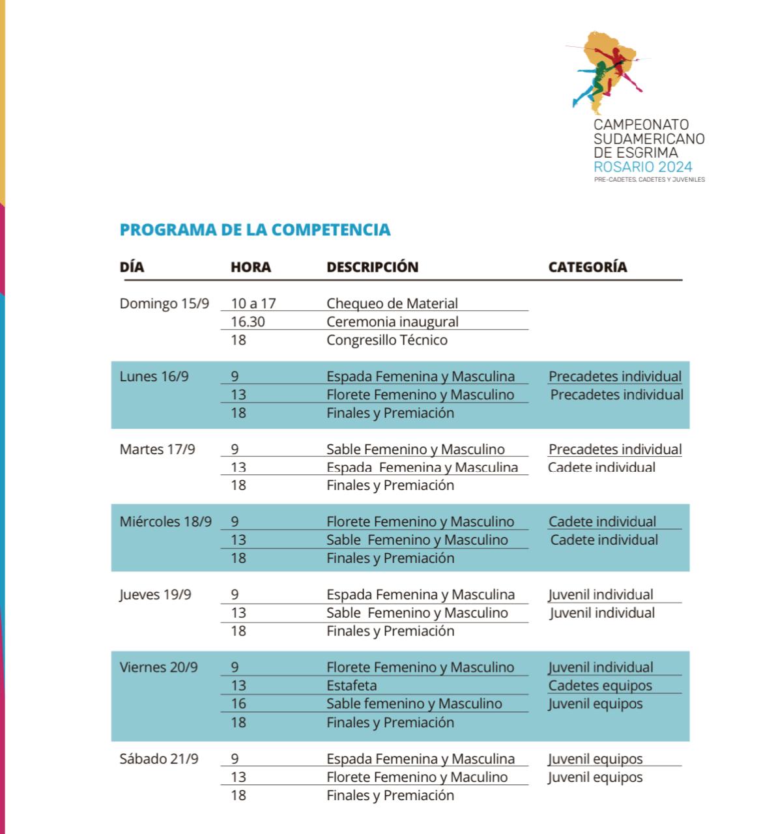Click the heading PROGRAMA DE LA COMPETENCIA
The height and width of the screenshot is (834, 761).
pos(255,230)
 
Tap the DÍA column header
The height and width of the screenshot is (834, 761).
pos(132,267)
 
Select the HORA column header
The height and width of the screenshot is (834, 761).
pos(250,267)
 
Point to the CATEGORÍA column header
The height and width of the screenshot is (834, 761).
pos(587,267)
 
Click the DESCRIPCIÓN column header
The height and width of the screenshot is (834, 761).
pos(372,267)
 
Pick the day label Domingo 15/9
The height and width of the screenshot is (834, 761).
pos(164,304)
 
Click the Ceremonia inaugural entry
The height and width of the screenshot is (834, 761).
pos(392,322)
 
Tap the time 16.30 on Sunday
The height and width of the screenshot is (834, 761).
pos(248,322)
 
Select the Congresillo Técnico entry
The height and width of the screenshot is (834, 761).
pos(387,340)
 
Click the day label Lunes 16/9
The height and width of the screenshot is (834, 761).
pos(154,377)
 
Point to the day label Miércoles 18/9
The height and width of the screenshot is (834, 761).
pos(165,522)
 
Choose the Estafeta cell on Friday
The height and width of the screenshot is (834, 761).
pos(351,685)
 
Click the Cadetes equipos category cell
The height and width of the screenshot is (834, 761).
pos(600,685)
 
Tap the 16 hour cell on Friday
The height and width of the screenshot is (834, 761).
pos(238,704)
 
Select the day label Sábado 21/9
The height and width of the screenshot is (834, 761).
pos(159,759)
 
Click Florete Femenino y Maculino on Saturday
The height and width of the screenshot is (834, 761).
pos(417,777)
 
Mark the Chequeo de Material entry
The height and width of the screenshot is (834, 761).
pos(392,304)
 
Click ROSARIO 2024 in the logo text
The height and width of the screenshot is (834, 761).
pos(642,167)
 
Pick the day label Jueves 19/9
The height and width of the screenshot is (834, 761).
pos(155,595)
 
